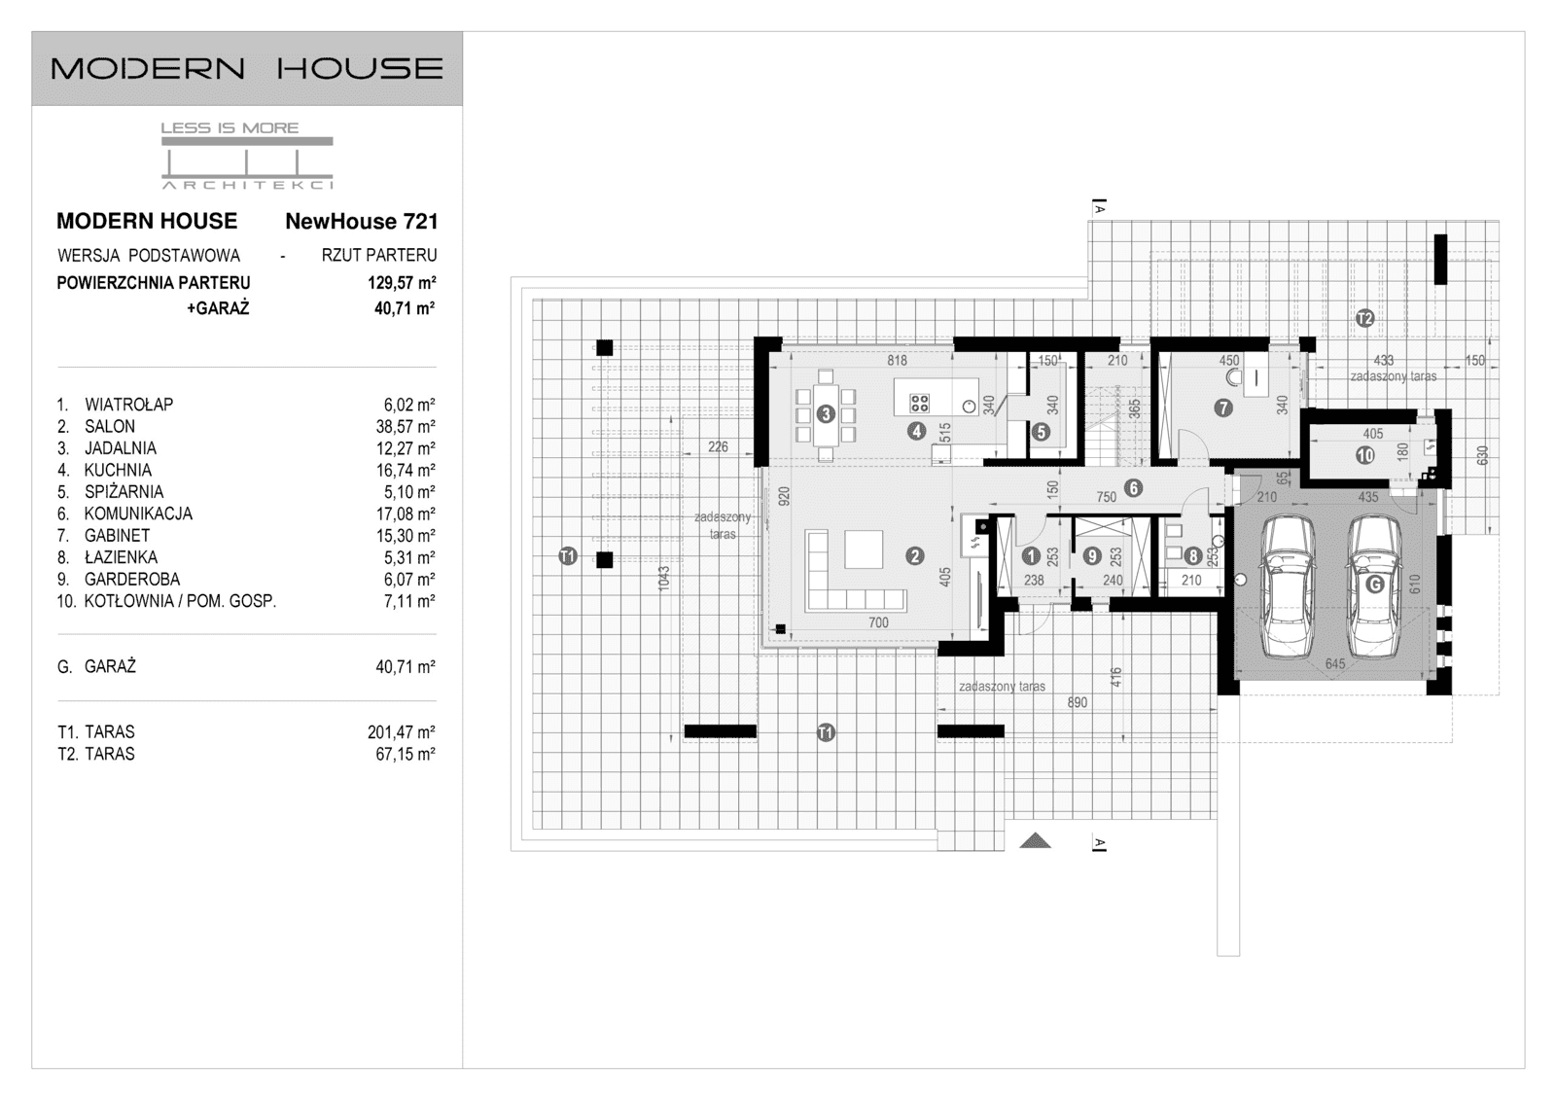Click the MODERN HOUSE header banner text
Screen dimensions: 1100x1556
tap(247, 68)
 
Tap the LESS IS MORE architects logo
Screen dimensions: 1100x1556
tap(247, 156)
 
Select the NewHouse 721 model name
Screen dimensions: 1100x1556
tap(361, 222)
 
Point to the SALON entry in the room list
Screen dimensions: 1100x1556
tap(110, 426)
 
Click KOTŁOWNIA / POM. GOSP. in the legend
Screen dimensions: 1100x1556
tap(180, 601)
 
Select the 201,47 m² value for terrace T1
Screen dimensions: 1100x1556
tap(401, 732)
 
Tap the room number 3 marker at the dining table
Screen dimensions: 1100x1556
tap(826, 414)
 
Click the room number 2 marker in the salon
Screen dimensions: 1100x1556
tap(914, 556)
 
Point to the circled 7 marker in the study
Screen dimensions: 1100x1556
tap(1223, 408)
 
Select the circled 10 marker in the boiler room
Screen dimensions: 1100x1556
tap(1365, 455)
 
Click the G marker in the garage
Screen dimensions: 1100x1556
tap(1374, 585)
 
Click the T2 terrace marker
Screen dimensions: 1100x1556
tap(1364, 318)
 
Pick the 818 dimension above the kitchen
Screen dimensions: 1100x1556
tap(897, 361)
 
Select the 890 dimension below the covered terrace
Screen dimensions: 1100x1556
tap(1077, 702)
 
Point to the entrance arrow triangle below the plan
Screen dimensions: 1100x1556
tap(1035, 840)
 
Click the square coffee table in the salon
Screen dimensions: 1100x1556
tap(864, 549)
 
